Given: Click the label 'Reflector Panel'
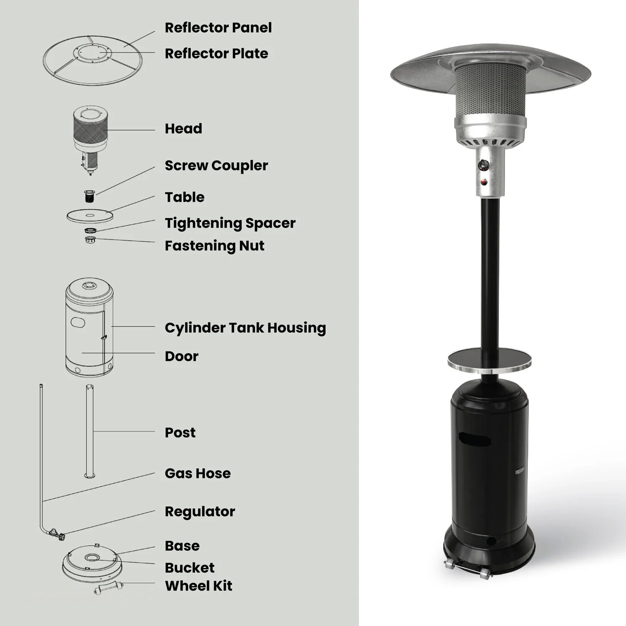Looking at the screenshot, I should tap(218, 28).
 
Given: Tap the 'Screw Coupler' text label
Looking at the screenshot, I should tap(216, 166).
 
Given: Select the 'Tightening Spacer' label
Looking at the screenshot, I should tap(230, 223).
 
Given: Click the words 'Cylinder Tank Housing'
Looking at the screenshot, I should tap(245, 328).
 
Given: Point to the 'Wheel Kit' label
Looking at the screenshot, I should tap(199, 586).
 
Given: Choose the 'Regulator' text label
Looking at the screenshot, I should tap(200, 512).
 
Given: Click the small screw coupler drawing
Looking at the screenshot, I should tap(89, 196).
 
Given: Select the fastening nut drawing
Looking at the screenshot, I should tap(90, 240).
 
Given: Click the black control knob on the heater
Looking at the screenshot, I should tap(485, 164).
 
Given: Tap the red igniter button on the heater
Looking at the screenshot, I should tap(484, 182).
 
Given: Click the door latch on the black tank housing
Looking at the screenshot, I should tap(519, 471).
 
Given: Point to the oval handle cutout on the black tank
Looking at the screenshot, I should tap(475, 440).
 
